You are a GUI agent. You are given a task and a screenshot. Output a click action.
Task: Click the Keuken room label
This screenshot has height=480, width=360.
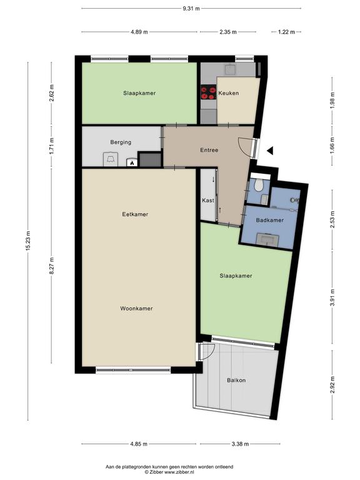point(228,93)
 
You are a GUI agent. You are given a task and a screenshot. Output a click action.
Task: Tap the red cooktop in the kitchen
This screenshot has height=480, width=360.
point(209,93)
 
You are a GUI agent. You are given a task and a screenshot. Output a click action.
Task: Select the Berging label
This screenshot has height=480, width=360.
point(121,142)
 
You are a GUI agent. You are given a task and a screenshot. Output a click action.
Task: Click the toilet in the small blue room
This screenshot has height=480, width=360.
point(259,184)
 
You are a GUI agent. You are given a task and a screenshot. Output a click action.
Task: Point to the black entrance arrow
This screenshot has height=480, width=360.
point(270,151)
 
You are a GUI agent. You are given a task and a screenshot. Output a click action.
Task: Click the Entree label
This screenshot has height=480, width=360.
point(209,150)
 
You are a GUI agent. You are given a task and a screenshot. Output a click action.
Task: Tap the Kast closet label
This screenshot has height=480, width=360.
point(208,201)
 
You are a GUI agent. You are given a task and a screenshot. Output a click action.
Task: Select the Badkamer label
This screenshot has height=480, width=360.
point(270,220)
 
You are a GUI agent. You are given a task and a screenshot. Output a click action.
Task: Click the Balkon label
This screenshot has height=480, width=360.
point(236,380)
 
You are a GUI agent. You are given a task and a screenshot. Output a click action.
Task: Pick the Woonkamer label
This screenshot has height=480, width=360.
point(136,309)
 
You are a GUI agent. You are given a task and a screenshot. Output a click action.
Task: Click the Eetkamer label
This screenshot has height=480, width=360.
point(135,214)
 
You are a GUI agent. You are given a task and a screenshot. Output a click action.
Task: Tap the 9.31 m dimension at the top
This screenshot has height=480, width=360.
point(191,9)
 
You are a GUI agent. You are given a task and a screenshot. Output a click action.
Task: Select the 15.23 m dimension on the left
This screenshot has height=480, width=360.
point(28,241)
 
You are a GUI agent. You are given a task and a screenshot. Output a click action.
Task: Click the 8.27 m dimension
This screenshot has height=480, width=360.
point(51,265)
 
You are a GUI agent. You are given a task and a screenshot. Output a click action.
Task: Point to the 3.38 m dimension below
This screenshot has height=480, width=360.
point(240,444)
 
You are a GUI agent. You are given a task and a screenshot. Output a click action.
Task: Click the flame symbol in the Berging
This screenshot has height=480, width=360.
point(132,163)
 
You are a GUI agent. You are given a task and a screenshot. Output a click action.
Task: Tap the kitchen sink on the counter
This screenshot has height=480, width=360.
point(229,70)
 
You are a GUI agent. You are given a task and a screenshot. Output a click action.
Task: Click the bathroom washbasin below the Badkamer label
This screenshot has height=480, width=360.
point(267,239)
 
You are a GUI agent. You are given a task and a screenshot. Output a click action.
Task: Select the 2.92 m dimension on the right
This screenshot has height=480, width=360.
point(332,385)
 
